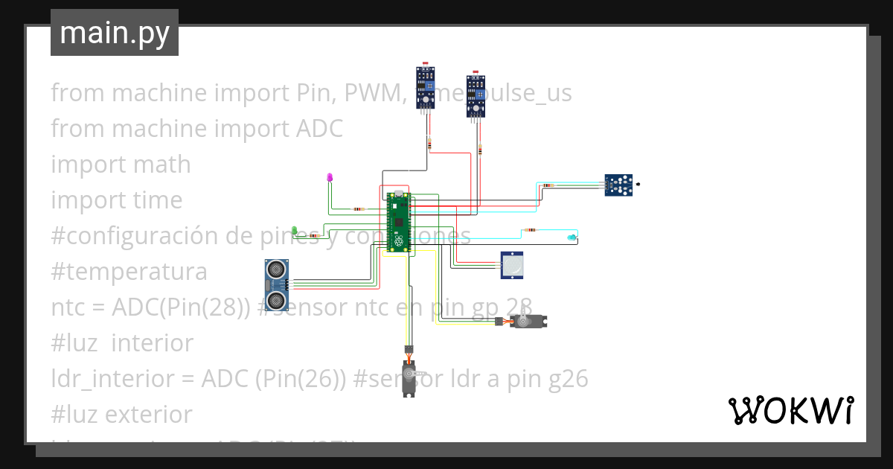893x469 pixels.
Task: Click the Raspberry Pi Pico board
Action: coord(399,222)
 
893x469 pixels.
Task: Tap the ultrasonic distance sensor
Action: coord(277,284)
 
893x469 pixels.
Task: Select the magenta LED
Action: coord(330,177)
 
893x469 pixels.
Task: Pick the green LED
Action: coord(295,230)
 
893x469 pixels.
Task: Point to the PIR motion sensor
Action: coord(513,265)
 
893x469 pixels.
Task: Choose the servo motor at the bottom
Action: coord(409,376)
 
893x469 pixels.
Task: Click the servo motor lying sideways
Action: coord(531,321)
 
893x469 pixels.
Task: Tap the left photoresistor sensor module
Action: coord(425,87)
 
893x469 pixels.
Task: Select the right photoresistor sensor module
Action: coord(476,95)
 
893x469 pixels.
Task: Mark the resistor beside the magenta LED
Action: coord(359,209)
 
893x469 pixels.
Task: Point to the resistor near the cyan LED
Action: coord(531,230)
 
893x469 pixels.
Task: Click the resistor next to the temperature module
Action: coord(548,185)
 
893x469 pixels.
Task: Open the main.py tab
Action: coord(115,33)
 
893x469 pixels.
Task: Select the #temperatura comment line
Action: coord(129,271)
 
